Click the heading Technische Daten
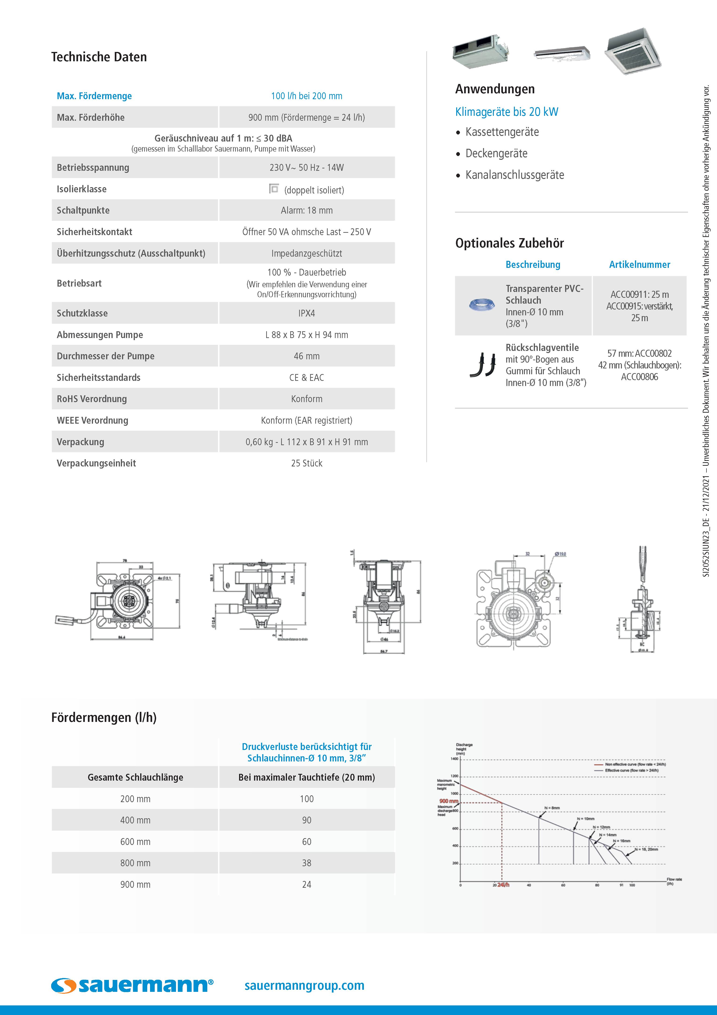pos(99,57)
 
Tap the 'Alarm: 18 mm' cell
pos(307,211)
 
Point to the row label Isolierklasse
pos(82,189)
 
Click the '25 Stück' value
pos(307,463)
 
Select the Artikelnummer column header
pos(639,265)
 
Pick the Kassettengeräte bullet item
pos(502,132)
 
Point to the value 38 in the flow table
pos(307,863)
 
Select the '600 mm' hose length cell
pos(135,842)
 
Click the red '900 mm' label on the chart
pos(448,801)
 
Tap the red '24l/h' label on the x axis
pos(503,885)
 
